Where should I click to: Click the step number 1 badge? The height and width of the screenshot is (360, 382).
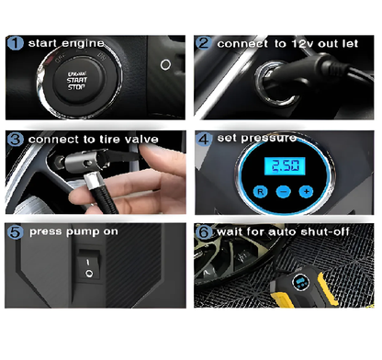tap(15, 43)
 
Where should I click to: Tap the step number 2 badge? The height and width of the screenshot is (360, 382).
tap(204, 43)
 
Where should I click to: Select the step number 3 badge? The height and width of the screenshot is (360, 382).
tap(16, 140)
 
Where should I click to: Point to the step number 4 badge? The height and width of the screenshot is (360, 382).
tap(204, 140)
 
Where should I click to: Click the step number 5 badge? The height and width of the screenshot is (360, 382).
tap(16, 231)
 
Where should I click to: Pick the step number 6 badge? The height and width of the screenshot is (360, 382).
tap(204, 231)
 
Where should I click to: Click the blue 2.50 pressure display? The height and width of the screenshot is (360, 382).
tap(285, 166)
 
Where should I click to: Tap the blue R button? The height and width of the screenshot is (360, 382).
tap(260, 192)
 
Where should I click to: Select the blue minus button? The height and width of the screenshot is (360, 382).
tap(284, 192)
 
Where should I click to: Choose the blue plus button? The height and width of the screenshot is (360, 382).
tap(306, 192)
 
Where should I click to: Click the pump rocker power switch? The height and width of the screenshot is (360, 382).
tap(89, 265)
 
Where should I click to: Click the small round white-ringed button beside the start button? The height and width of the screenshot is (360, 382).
tap(165, 64)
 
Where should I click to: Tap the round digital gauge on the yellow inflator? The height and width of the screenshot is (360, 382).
tap(301, 282)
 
